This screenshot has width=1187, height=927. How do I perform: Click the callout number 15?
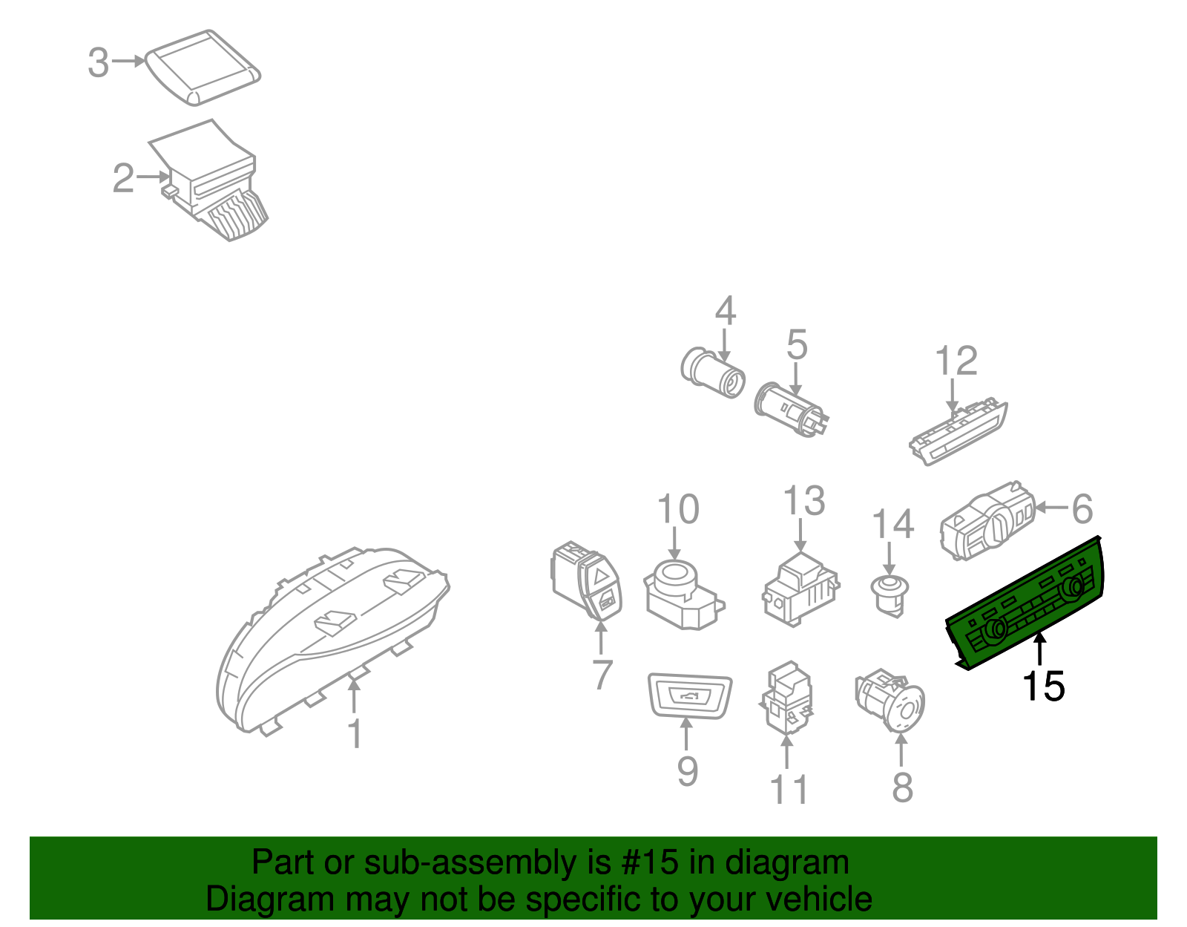coord(1043,687)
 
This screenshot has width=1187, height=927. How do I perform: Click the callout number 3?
coord(98,62)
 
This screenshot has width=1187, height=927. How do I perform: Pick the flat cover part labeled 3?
coord(203,66)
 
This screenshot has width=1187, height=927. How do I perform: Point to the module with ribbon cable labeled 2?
coord(209,180)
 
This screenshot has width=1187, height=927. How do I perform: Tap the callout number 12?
coord(956,361)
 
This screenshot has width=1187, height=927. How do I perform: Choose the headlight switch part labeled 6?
coord(987,521)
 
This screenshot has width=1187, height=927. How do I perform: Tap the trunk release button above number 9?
coord(690,695)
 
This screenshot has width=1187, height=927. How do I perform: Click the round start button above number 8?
coord(890,699)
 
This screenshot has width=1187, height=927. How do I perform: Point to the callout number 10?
coord(678,510)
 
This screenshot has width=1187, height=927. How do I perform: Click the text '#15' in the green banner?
coord(645,862)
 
